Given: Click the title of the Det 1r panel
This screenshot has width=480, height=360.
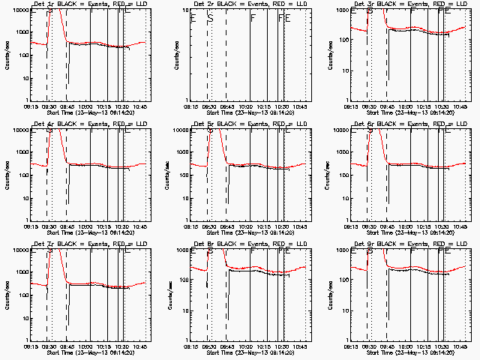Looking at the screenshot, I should pos(90,4).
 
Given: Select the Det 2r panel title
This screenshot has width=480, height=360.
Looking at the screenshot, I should pos(250,4).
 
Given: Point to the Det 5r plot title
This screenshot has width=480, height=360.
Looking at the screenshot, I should pos(250,124).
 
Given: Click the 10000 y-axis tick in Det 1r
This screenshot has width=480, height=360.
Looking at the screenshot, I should pos(19,11).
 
